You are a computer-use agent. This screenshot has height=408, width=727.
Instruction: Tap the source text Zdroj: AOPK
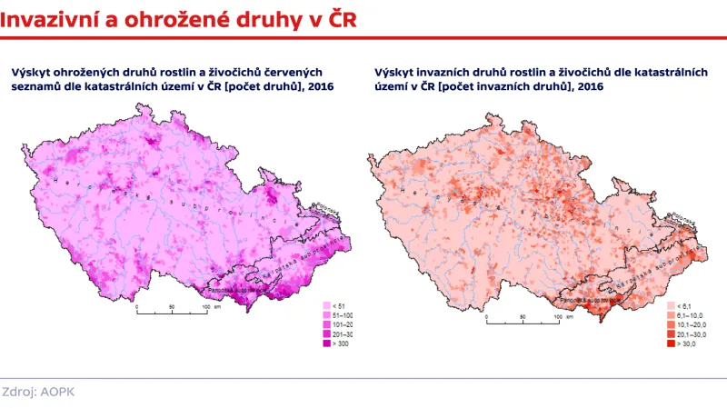click(x=38, y=393)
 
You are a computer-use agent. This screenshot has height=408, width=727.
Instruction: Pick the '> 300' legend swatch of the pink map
click(x=329, y=343)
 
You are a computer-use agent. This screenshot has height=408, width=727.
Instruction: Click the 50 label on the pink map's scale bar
click(x=171, y=307)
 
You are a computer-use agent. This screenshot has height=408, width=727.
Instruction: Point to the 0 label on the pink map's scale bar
click(x=136, y=307)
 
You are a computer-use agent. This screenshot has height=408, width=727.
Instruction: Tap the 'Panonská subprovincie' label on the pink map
click(x=234, y=291)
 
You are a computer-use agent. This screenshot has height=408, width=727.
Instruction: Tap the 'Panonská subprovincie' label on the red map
click(x=591, y=298)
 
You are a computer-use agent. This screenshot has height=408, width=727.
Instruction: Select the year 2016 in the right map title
click(x=589, y=86)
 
